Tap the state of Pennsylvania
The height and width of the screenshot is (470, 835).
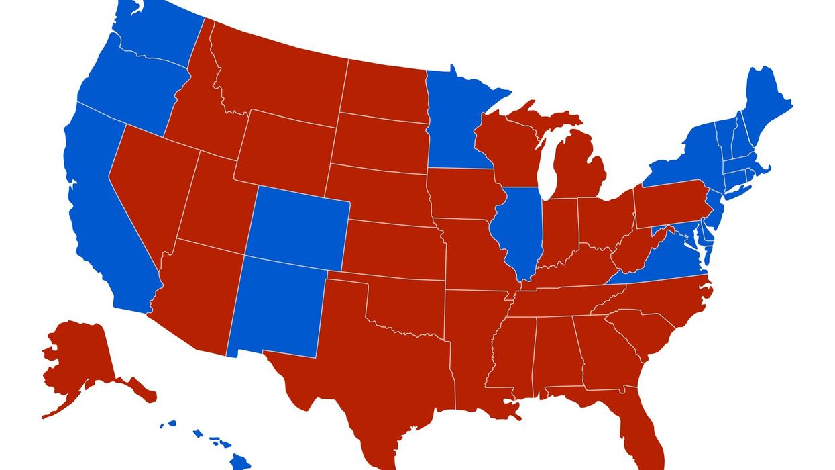click(x=671, y=205)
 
